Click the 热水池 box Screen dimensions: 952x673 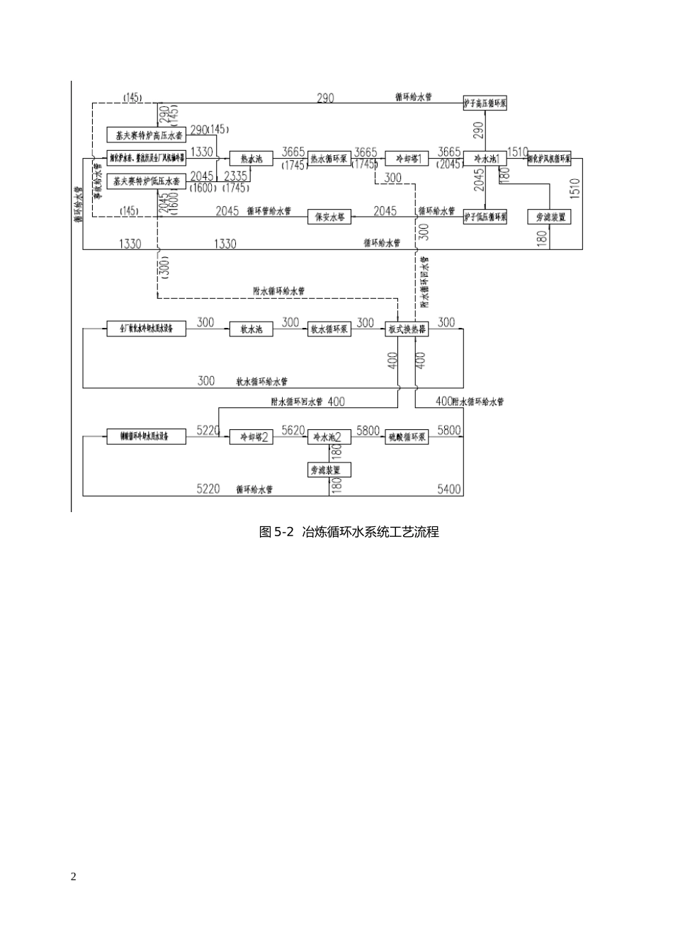(251, 159)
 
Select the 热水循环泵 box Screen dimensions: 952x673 (329, 159)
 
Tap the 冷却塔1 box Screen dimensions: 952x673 (407, 159)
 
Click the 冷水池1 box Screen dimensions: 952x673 (485, 159)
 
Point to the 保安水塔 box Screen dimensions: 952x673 (329, 217)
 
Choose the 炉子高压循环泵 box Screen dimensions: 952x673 (485, 103)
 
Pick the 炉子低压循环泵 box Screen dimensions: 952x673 (485, 217)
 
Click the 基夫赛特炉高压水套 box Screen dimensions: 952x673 (146, 135)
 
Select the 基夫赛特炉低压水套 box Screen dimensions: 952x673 (146, 182)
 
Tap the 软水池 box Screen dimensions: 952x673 (251, 329)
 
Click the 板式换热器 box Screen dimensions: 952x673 (407, 329)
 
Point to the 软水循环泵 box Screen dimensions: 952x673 (329, 329)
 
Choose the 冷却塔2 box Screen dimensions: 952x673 (251, 437)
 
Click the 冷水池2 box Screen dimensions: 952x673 (329, 437)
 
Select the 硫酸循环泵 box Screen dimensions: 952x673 (407, 437)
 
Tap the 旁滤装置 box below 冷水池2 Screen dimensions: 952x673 (329, 470)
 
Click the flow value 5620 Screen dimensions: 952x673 (293, 430)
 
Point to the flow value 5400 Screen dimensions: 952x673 (449, 489)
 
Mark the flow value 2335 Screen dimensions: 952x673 (235, 176)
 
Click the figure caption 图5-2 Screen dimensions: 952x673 (276, 532)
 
